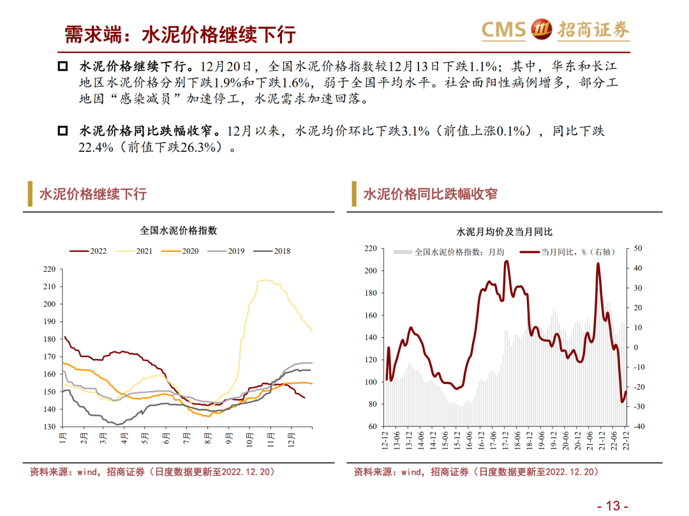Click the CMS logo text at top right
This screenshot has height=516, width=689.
(504, 29)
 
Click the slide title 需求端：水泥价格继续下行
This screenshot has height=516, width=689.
(181, 34)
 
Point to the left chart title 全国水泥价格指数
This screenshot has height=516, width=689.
(179, 230)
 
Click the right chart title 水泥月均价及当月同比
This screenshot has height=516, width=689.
(505, 232)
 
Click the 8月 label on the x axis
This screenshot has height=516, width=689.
(208, 439)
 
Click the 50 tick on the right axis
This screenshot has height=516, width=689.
(638, 248)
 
